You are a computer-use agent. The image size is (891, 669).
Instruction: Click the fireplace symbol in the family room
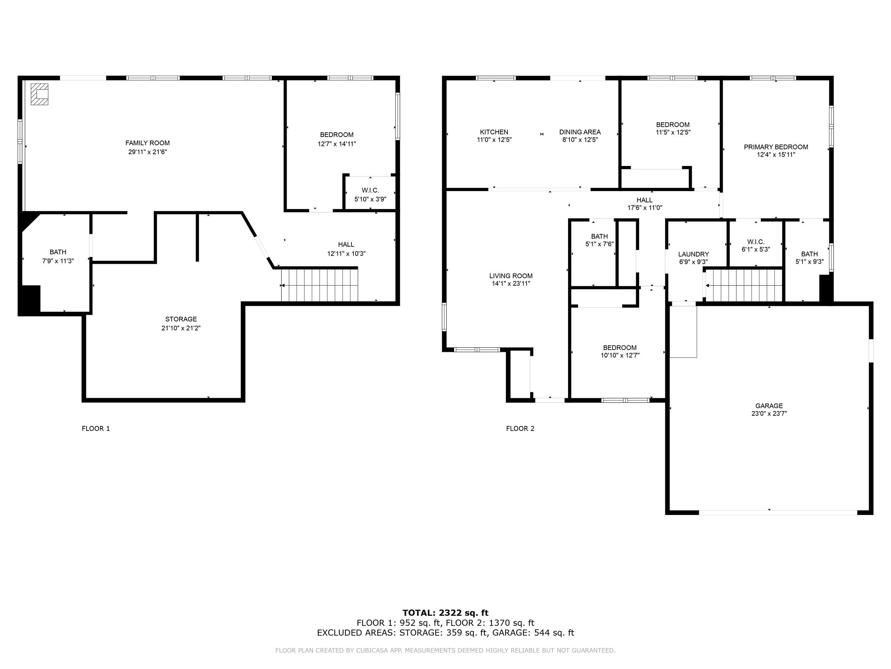[40, 94]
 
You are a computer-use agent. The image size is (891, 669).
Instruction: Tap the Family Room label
[148, 143]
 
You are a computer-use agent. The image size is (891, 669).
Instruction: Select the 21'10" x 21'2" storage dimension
[181, 328]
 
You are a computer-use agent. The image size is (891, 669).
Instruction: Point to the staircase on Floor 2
[743, 285]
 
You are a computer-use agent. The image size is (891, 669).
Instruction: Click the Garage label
[769, 406]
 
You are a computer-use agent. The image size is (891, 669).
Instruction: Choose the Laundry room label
[693, 254]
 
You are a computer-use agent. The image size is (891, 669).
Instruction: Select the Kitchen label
[494, 132]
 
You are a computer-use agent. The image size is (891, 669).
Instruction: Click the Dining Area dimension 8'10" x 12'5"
[580, 140]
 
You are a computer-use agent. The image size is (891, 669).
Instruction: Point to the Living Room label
[511, 276]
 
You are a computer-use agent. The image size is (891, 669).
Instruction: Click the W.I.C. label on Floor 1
[370, 190]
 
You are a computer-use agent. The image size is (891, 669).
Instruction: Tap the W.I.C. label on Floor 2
[756, 242]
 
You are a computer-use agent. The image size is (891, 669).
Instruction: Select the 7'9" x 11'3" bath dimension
[58, 261]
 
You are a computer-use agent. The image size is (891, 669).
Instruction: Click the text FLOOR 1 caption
[96, 429]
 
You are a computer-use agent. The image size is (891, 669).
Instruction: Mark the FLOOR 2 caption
[520, 429]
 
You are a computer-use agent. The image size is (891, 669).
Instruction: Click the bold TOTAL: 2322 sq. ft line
[445, 613]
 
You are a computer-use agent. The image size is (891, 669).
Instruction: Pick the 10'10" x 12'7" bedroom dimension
[620, 356]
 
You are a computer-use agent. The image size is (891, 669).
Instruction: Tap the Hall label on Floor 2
[644, 200]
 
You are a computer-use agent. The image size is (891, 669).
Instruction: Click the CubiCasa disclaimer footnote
[445, 650]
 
